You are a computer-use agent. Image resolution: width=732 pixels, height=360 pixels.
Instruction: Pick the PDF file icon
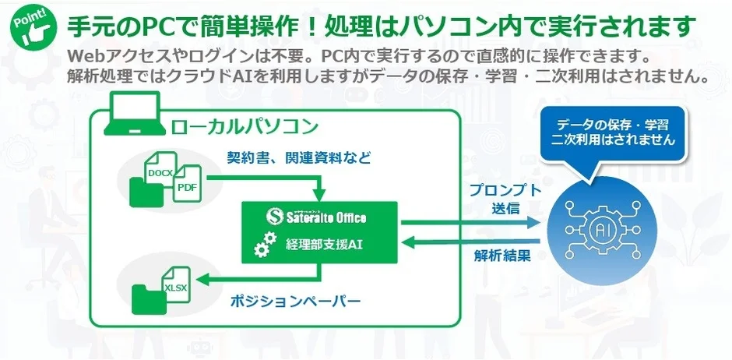186,186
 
